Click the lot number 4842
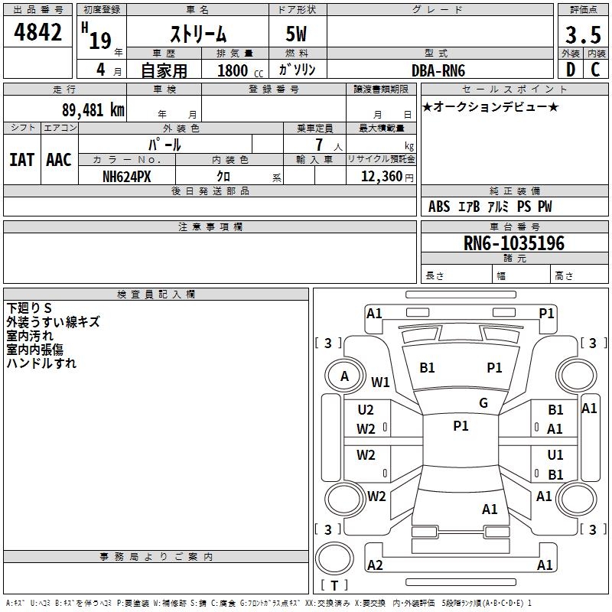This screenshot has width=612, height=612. pos(38,34)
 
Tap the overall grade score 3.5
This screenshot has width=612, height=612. pos(582,34)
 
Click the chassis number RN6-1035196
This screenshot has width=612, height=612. pos(514,243)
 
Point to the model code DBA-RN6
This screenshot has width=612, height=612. pos(438,70)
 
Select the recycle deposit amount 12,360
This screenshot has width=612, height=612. pos(380,176)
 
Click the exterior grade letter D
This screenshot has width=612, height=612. pos(570,70)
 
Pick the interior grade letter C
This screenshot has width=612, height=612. pos(595,70)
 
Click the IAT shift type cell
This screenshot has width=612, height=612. pos(21,159)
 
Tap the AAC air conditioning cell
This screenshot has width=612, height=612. pos(59,159)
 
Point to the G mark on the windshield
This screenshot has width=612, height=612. pos(483,403)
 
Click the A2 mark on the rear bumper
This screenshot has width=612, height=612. pos(375,565)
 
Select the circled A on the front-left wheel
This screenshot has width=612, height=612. pos(344,376)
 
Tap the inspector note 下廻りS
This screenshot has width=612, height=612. pos(29,308)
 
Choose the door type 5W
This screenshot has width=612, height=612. pos(297,34)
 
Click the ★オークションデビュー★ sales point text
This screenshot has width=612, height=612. pos(490,106)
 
